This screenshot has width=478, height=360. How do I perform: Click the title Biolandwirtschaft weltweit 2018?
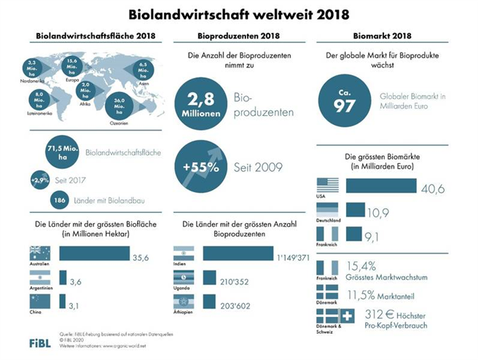pos(238,14)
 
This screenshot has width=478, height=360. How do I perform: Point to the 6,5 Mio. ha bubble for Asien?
pos(144,69)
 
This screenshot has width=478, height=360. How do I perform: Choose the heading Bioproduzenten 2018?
pos(236,36)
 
